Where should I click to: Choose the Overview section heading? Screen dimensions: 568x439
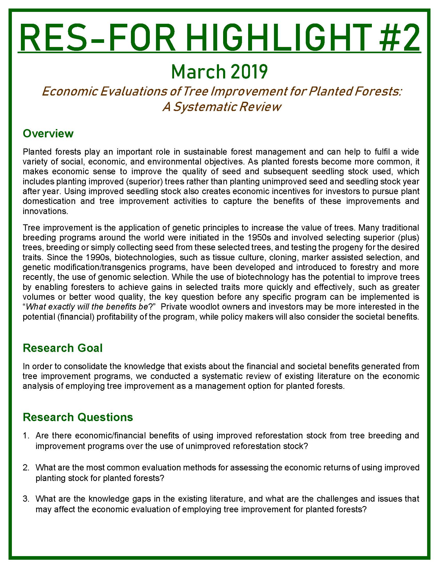48,133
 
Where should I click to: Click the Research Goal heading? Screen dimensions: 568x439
63,348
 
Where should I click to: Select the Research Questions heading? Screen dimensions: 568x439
78,417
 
